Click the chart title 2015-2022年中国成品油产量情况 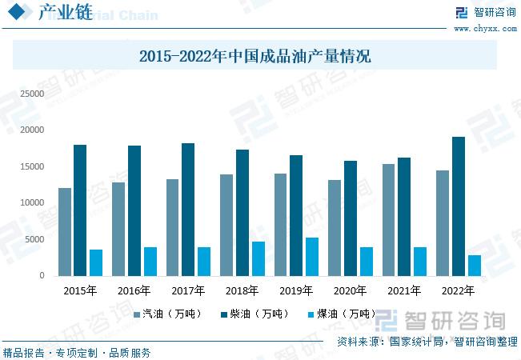(254, 57)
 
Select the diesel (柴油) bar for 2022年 (458, 206)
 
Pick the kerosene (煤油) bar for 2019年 (312, 256)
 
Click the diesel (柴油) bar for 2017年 (188, 210)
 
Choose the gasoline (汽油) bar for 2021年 (388, 220)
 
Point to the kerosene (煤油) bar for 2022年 (475, 266)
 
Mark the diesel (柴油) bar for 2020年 (350, 218)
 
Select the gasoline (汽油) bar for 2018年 (226, 225)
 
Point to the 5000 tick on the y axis (34, 239)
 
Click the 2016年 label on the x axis (134, 290)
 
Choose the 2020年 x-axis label (350, 290)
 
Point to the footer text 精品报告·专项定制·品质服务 (77, 352)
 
